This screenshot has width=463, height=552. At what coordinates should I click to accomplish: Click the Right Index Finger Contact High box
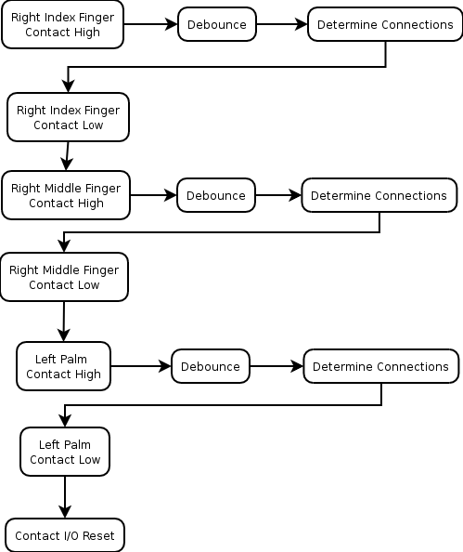62,24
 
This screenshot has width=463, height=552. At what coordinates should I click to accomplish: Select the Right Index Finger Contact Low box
69,117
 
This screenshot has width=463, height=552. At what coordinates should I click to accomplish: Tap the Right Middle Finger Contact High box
66,195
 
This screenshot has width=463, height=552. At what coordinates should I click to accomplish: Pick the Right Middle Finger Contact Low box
64,277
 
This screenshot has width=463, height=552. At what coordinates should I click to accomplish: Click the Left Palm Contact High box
63,366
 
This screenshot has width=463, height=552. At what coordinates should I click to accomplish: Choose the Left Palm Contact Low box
65,452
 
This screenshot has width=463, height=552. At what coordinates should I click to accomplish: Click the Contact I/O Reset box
65,535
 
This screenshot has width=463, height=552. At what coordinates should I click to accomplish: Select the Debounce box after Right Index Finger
217,24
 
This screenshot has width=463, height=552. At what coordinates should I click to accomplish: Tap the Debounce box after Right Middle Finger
216,195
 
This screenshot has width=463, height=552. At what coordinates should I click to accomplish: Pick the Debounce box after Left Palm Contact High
211,366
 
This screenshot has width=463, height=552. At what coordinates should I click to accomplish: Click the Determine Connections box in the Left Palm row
381,366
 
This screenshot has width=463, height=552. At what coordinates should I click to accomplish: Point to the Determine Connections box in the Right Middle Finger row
379,195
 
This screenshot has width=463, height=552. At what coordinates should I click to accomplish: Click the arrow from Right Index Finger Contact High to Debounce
151,24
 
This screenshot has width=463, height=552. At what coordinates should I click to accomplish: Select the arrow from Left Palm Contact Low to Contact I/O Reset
65,497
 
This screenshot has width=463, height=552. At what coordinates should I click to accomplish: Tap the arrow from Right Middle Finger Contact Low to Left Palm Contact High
64,322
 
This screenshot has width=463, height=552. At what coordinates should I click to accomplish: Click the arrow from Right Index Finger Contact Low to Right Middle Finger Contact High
67,156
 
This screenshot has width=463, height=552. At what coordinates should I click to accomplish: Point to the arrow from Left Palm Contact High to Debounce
141,366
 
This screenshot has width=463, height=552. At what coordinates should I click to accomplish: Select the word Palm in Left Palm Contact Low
77,444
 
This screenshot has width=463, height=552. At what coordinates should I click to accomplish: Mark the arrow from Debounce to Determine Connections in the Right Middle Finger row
278,195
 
